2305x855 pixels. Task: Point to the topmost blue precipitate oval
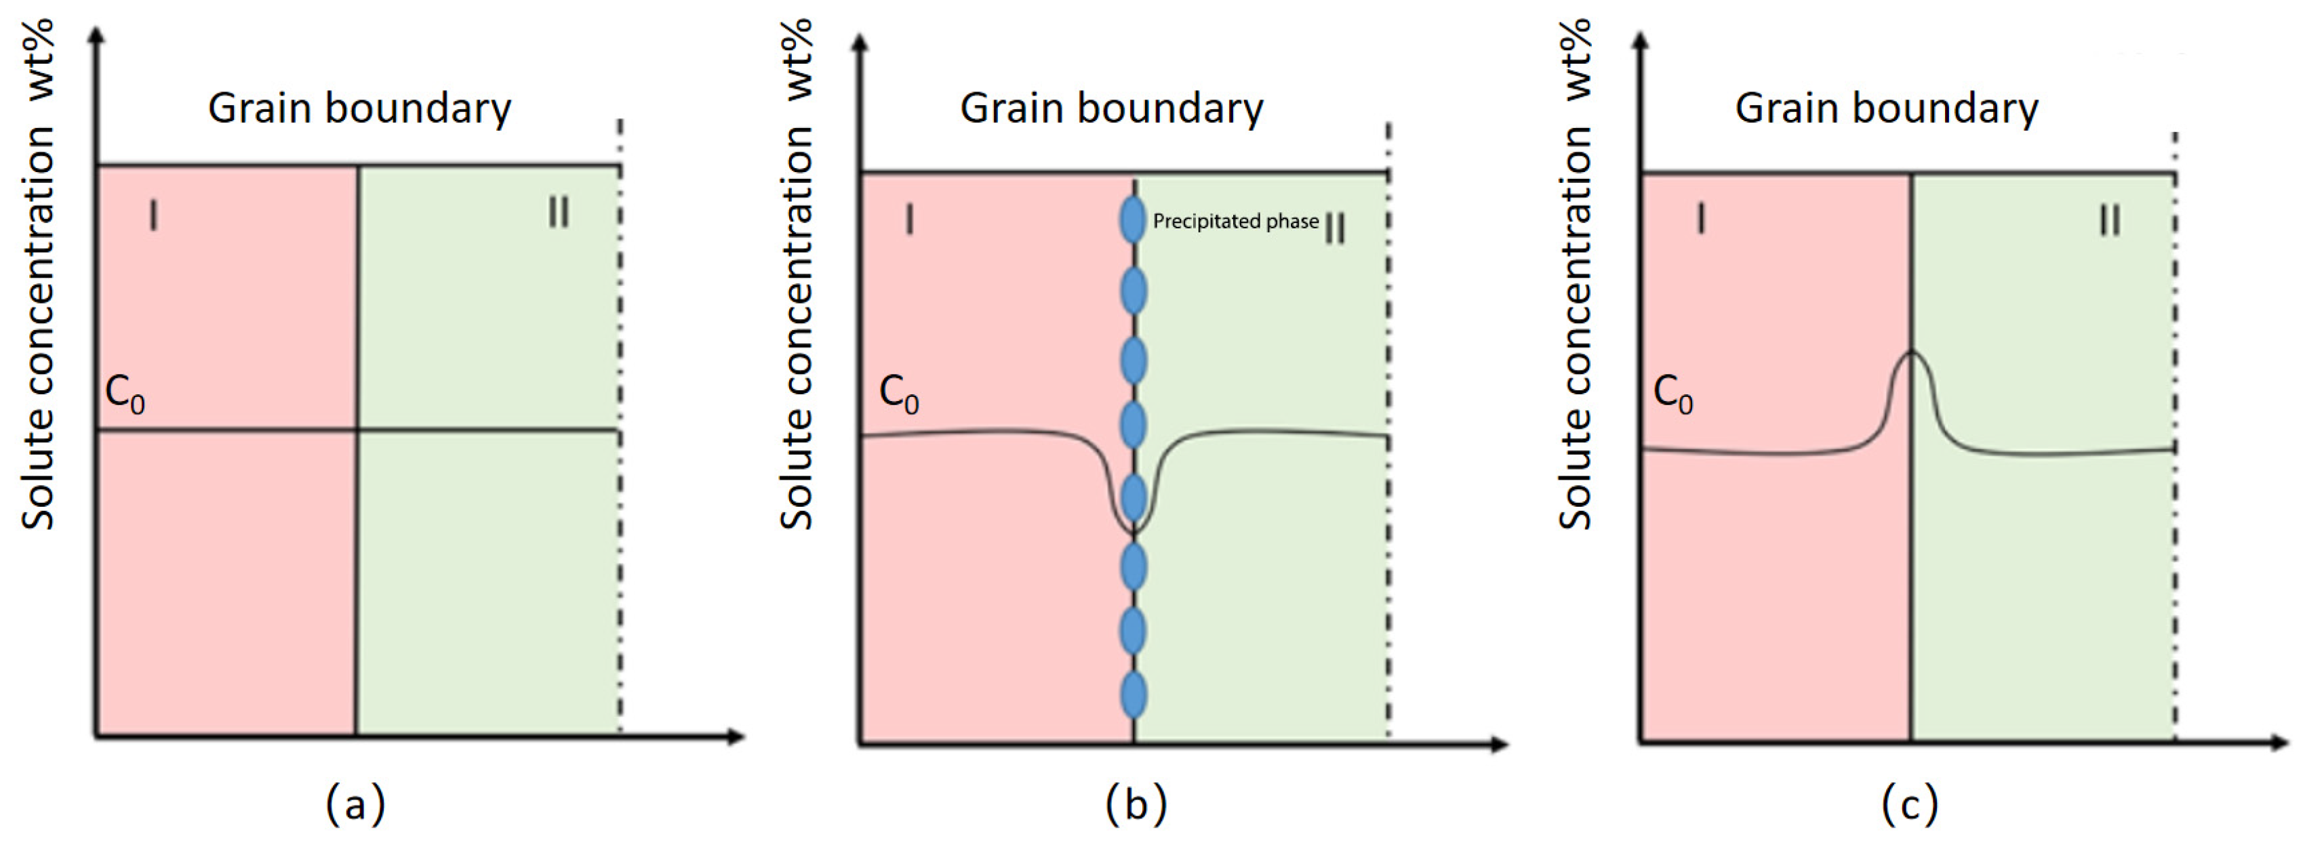[x=1133, y=221]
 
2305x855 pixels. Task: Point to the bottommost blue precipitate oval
[x=1133, y=695]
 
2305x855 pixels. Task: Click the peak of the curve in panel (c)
[x=1911, y=353]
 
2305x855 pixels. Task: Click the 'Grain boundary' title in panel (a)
[x=360, y=108]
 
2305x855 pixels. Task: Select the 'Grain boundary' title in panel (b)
[x=1111, y=108]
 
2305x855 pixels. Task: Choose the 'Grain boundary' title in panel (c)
[x=1886, y=108]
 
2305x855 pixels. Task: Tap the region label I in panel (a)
[x=154, y=215]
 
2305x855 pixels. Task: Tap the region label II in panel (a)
[x=559, y=212]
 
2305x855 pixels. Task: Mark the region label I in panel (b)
[x=910, y=219]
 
